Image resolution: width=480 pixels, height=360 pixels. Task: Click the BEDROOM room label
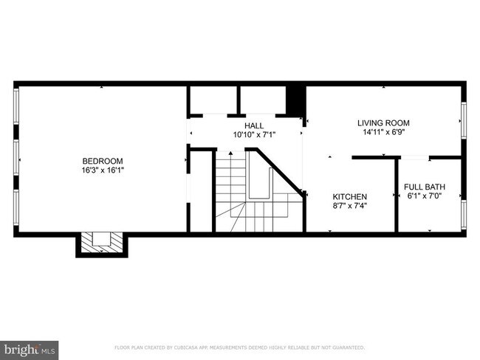(x=102, y=161)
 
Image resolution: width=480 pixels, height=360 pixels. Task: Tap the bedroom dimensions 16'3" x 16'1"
(x=102, y=170)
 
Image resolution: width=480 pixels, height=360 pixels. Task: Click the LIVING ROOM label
(x=383, y=123)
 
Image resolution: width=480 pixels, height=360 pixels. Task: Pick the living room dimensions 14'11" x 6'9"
(x=383, y=133)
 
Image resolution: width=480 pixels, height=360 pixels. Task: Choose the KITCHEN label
(x=349, y=196)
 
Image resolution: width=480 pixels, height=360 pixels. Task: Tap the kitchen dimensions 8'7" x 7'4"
(x=349, y=206)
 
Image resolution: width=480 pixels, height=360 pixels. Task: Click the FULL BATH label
(x=425, y=187)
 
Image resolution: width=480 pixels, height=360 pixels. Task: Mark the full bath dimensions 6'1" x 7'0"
(x=425, y=196)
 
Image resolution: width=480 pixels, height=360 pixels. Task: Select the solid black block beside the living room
(x=295, y=100)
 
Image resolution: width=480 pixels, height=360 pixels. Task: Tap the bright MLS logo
(x=30, y=347)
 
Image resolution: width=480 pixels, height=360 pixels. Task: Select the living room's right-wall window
(x=464, y=119)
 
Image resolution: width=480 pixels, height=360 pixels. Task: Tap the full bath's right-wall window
(x=464, y=212)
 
